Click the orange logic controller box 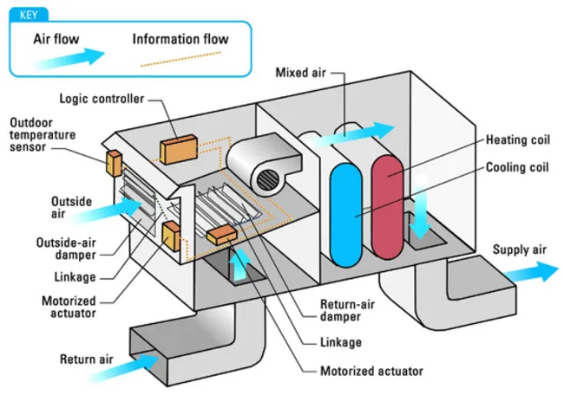click(x=178, y=149)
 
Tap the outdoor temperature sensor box click(x=113, y=162)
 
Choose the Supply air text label click(x=520, y=249)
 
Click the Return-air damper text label click(x=344, y=310)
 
